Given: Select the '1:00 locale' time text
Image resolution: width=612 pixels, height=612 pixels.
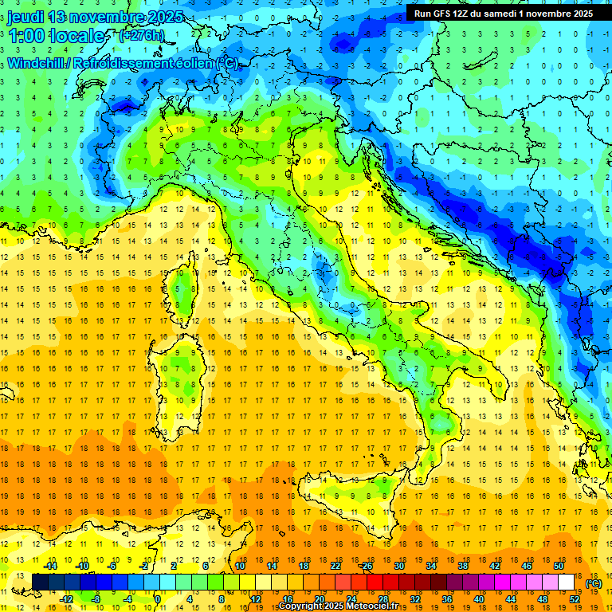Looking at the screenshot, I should pyautogui.click(x=56, y=37).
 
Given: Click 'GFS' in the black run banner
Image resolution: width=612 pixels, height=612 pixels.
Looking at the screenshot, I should pyautogui.click(x=449, y=14).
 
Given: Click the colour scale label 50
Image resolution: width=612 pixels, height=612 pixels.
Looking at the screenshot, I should pyautogui.click(x=559, y=566).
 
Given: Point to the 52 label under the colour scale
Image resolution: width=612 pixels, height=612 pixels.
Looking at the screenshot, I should pyautogui.click(x=575, y=598).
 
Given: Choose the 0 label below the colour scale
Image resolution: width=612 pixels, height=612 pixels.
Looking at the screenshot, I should pyautogui.click(x=157, y=598).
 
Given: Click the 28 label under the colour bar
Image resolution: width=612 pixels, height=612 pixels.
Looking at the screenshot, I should pyautogui.click(x=382, y=598).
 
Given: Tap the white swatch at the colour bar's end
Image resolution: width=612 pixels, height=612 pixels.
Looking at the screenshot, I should pyautogui.click(x=567, y=582).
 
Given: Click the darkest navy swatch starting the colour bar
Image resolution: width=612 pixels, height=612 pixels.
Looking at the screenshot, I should pyautogui.click(x=40, y=582).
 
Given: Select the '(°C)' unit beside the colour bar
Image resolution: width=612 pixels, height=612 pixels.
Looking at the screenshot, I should pyautogui.click(x=593, y=583).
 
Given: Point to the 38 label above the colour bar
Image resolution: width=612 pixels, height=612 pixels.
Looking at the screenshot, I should pyautogui.click(x=463, y=566).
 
